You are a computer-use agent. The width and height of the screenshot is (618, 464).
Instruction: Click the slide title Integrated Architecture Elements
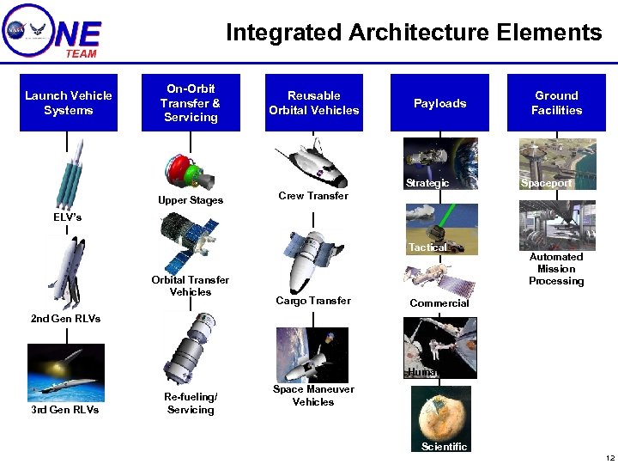(414, 33)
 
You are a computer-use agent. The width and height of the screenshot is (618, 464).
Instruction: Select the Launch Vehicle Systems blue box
(69, 103)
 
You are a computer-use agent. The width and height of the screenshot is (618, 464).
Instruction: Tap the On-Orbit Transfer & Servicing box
(191, 103)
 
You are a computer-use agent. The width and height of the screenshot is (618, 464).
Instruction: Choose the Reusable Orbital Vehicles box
(313, 103)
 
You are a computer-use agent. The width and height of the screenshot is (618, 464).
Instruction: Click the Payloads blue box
(439, 103)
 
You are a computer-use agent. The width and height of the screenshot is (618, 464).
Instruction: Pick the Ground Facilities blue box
(556, 103)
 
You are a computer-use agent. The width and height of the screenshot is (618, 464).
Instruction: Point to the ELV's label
(67, 217)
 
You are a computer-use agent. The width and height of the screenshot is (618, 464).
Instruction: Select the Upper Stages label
(191, 200)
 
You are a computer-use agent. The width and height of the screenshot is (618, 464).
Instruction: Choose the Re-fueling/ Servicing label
(191, 403)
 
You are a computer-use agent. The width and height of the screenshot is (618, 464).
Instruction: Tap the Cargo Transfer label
(313, 301)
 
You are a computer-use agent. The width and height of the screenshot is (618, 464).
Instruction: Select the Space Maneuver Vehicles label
(313, 395)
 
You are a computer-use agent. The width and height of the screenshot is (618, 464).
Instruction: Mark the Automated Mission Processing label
(556, 269)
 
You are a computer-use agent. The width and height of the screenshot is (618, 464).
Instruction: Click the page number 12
(609, 457)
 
